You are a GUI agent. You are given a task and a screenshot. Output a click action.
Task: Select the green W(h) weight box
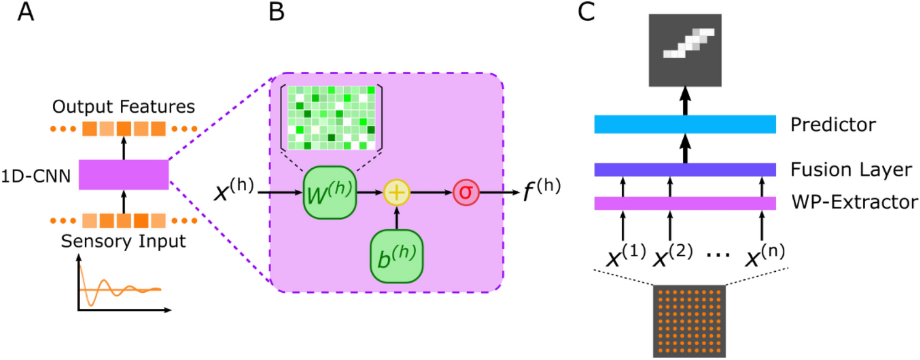(330, 192)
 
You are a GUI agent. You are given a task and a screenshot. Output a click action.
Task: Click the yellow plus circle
(397, 192)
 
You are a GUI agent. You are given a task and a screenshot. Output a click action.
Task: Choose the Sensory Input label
(123, 241)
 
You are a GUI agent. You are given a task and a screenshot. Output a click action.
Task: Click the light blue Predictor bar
(684, 124)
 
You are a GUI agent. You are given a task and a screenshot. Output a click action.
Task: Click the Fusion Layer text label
(852, 170)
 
